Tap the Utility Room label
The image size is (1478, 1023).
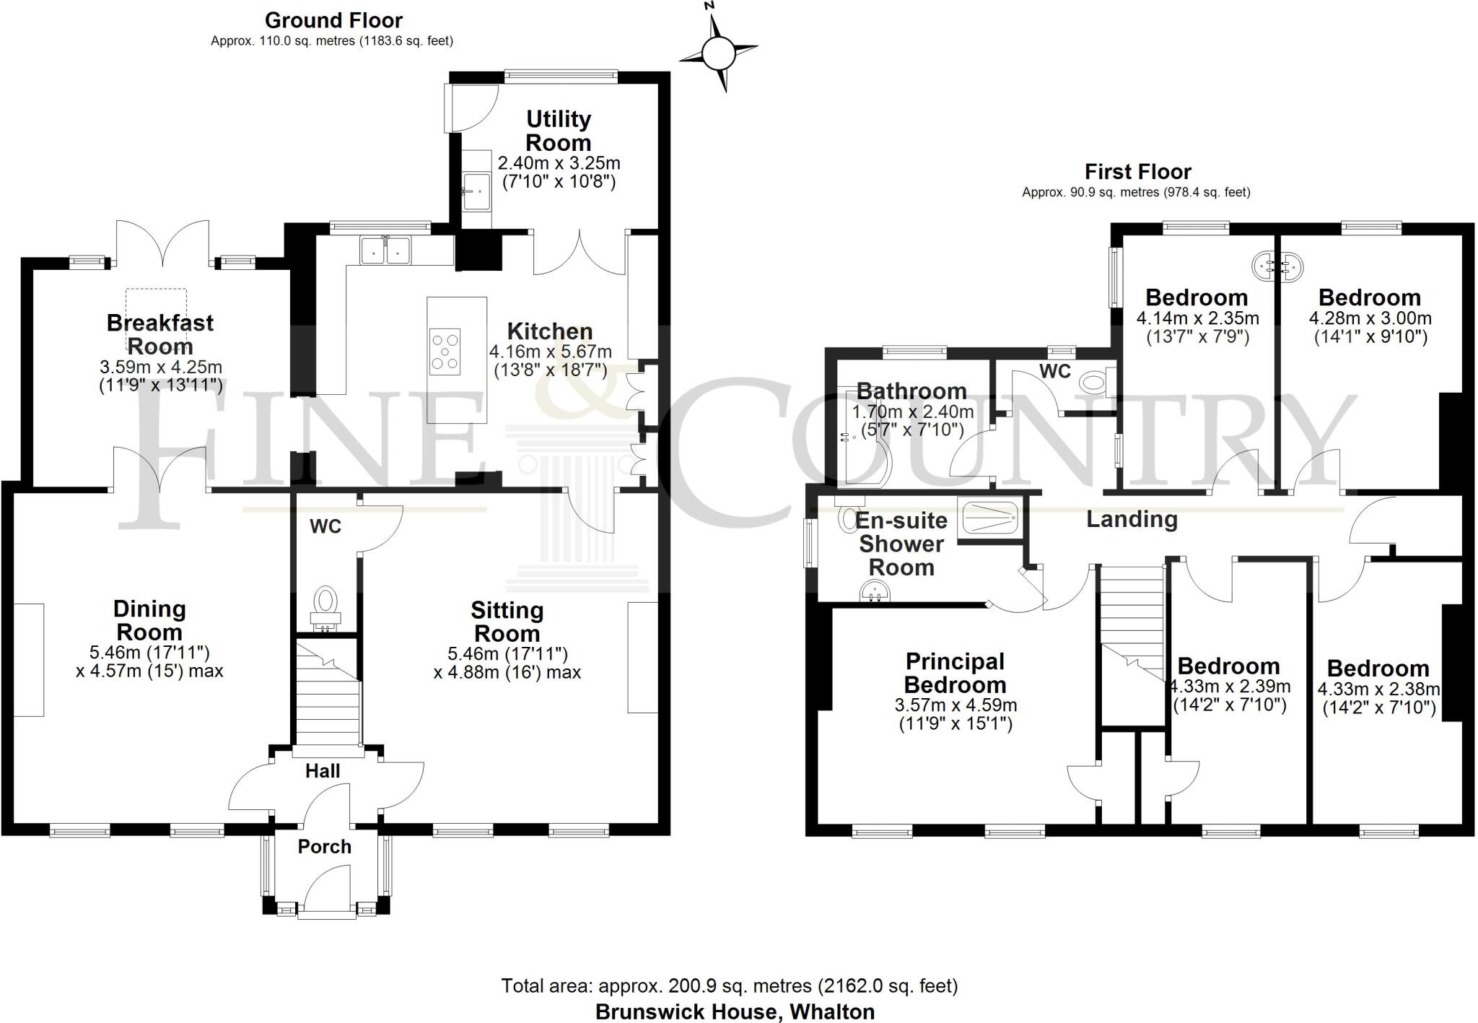coord(558,131)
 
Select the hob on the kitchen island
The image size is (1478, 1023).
coord(445,352)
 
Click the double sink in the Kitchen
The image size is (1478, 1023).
coord(386,251)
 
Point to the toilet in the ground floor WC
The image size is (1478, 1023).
coord(325,604)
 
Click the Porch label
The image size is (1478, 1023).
coord(324,846)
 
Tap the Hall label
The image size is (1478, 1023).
coord(323,771)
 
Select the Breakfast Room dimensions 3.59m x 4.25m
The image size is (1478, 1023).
coord(160,367)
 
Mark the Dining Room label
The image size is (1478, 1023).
coord(149,620)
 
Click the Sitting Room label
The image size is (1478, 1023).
coord(507,622)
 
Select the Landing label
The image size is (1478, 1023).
coord(1132,519)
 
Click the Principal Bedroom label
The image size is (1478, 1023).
coord(955,673)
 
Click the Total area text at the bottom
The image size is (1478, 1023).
coord(729,985)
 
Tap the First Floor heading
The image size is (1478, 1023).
coord(1137,172)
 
